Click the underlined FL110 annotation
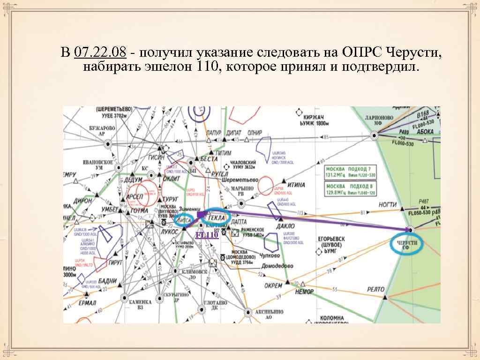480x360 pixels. coord(207,235)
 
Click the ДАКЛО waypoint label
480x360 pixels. coord(285,226)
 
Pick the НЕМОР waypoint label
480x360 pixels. coord(305,292)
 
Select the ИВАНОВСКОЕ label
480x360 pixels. coord(98,162)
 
